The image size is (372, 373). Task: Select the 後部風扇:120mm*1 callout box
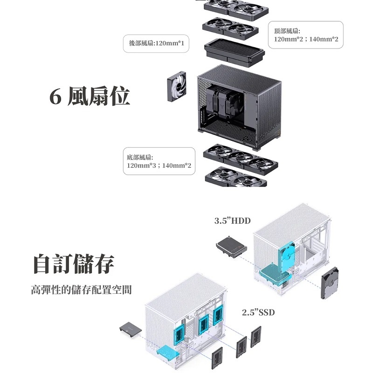(x=156, y=43)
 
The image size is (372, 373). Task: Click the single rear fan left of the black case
(x=177, y=89)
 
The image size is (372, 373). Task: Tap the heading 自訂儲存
(x=74, y=263)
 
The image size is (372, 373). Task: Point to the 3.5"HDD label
(x=233, y=221)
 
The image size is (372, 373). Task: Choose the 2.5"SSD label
(x=258, y=312)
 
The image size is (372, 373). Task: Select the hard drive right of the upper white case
(x=332, y=284)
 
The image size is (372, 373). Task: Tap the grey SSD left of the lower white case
(x=131, y=330)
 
